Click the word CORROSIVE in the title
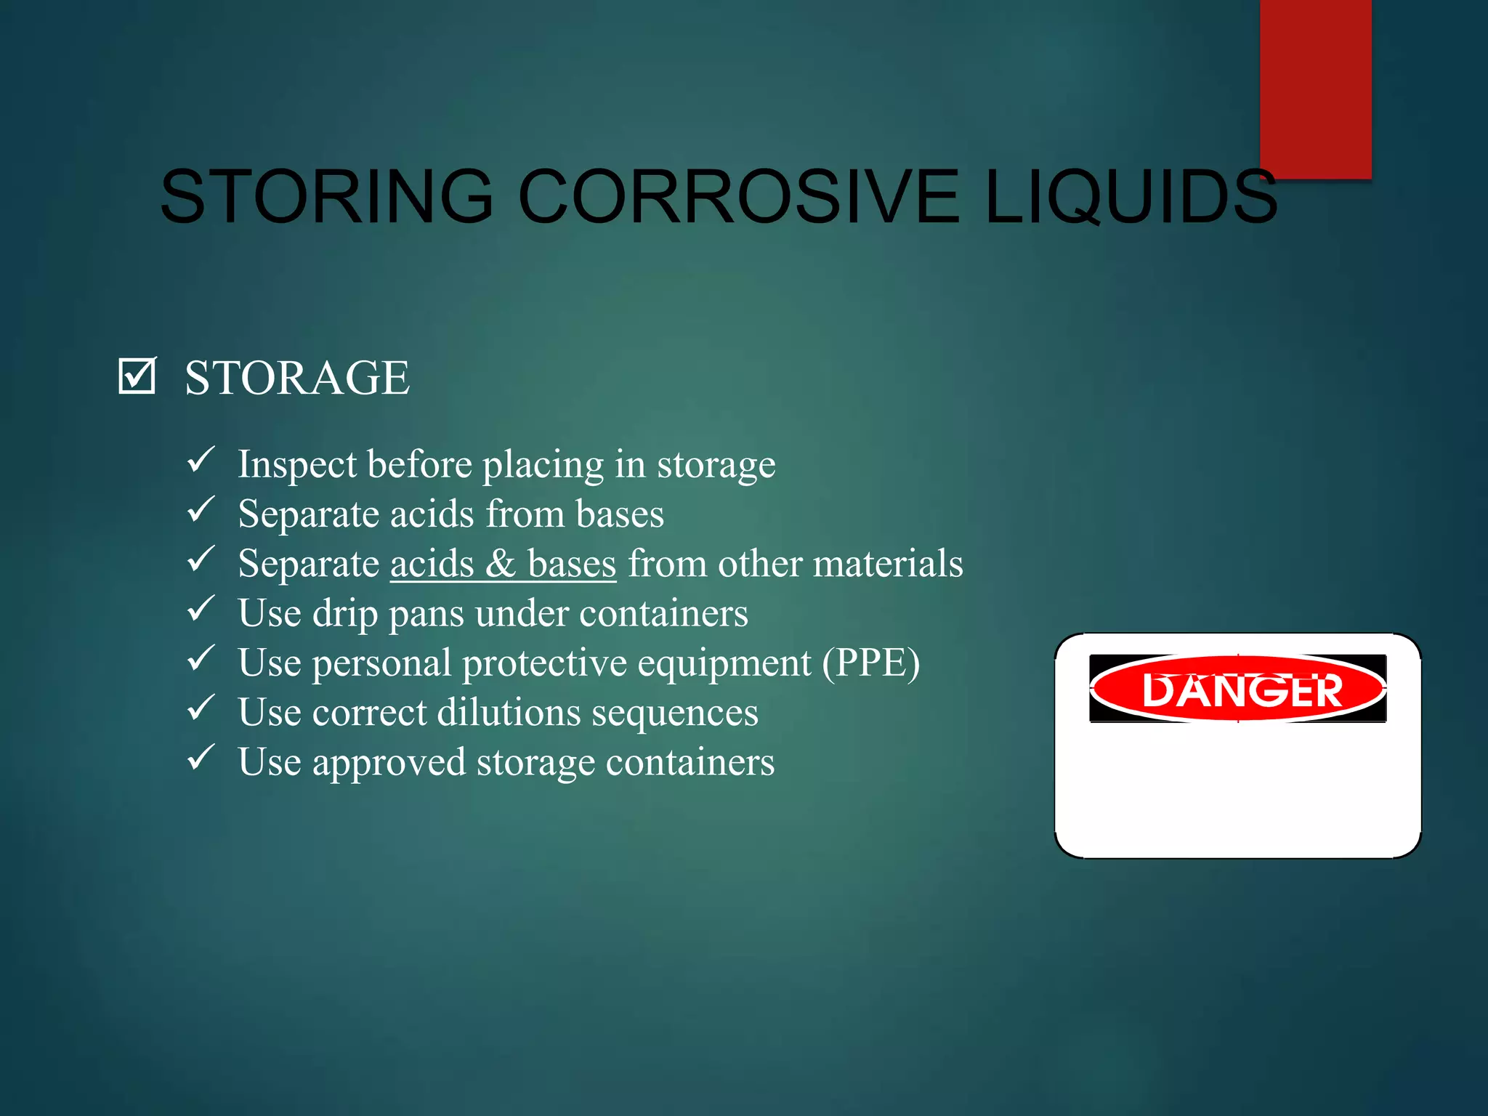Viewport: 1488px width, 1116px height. click(x=738, y=196)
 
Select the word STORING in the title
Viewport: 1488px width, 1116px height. click(x=327, y=196)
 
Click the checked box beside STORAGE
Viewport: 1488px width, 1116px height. click(x=137, y=376)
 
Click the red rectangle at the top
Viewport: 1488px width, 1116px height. click(x=1315, y=87)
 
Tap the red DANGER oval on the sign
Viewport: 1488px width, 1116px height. click(x=1238, y=689)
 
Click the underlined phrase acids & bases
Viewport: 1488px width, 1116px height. click(x=503, y=564)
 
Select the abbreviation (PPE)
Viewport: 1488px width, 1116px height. click(x=870, y=663)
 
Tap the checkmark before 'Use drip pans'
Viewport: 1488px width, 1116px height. click(x=201, y=609)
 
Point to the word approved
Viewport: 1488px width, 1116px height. click(x=389, y=763)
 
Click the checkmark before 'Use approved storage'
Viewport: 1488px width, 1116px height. click(x=201, y=758)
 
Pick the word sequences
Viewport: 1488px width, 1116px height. click(x=675, y=713)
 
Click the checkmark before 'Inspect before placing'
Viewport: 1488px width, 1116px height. click(x=201, y=460)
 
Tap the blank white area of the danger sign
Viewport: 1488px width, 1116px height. click(x=1238, y=792)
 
